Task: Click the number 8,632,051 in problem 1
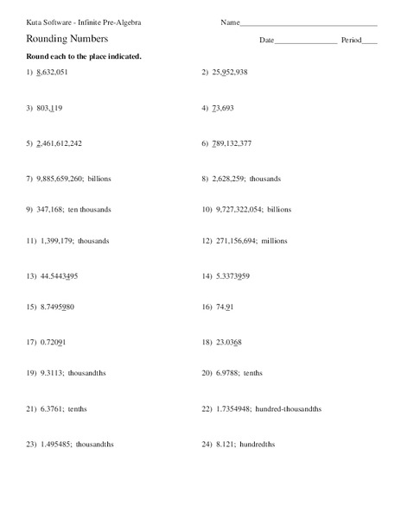click(x=53, y=73)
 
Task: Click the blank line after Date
click(x=306, y=41)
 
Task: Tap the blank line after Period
click(x=370, y=41)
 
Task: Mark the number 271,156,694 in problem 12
click(x=234, y=242)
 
